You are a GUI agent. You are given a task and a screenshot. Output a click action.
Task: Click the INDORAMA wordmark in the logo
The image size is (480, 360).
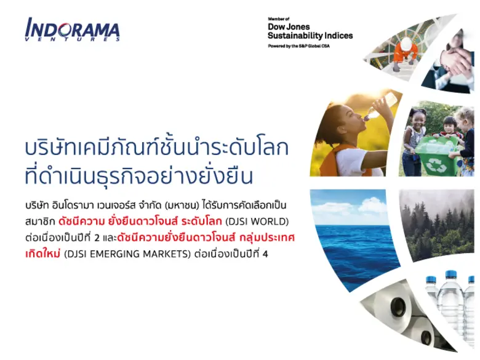pos(73,28)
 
